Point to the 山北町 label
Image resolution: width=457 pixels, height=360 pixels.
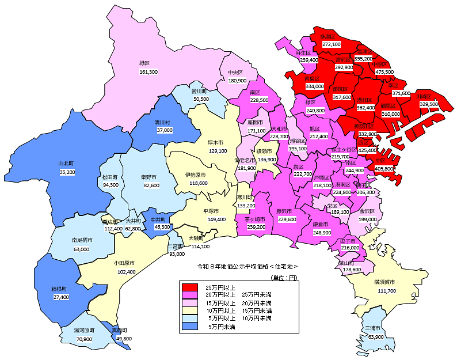[x=67, y=163]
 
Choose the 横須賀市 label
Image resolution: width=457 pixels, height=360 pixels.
[x=384, y=282]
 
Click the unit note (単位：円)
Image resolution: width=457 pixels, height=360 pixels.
[x=283, y=278]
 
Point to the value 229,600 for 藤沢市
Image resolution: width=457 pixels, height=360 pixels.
[x=286, y=219]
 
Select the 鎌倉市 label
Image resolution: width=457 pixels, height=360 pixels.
[x=321, y=223]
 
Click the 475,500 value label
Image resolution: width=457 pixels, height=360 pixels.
[x=384, y=72]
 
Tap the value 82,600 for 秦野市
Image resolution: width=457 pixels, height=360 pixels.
[x=151, y=185]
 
